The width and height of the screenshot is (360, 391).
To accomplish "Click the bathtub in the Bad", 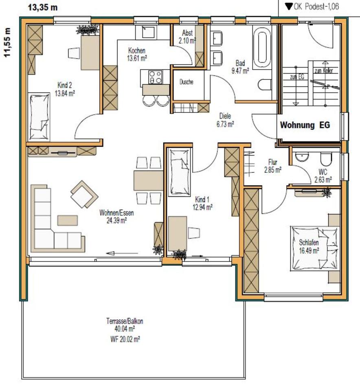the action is coord(261,47).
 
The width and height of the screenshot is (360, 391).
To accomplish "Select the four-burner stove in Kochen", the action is coord(155,77).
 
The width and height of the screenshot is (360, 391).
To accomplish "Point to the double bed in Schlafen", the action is coord(315,248).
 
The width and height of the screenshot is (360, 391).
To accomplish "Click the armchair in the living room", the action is coord(84,194).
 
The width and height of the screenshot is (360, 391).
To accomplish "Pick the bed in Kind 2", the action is coord(40,116).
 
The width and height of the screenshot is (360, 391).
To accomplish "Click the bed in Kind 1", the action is coord(179,171).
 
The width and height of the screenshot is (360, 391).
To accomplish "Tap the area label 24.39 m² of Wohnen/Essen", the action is coord(117,221).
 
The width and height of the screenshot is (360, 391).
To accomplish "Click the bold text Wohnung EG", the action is coord(305,125).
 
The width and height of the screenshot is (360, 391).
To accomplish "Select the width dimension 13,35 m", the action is coord(43,7).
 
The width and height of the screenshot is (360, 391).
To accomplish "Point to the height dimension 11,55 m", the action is coord(7,42).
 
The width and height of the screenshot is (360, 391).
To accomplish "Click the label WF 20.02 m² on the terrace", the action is coord(125,339).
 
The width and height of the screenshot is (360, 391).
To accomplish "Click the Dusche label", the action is coord(186,82).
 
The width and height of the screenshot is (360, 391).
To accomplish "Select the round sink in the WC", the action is coord(302,156).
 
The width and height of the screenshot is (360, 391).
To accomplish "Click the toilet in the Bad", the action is coord(265,85).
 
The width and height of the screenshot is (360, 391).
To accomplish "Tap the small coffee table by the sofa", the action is coord(68,220).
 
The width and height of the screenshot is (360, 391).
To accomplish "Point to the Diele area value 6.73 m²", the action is coord(225,124).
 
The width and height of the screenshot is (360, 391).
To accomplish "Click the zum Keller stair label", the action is coord(324,70).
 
